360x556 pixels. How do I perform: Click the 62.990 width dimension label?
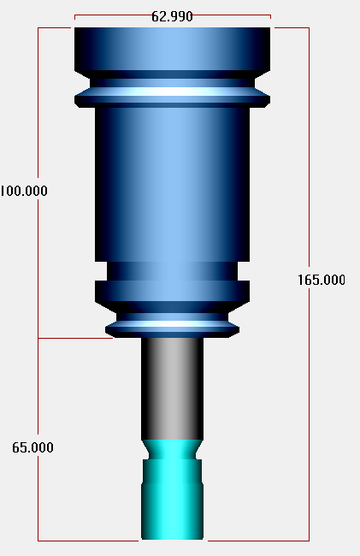click(x=172, y=16)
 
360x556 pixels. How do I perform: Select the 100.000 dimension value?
click(x=23, y=191)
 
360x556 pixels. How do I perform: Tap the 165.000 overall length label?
click(x=321, y=280)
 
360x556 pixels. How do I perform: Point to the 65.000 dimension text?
click(x=32, y=447)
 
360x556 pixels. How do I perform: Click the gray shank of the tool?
click(x=172, y=388)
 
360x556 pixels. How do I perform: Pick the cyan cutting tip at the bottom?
click(x=172, y=489)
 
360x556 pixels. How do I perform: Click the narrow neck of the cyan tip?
click(x=172, y=451)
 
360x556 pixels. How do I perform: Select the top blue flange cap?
click(x=172, y=49)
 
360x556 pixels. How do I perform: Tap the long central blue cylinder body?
click(x=172, y=185)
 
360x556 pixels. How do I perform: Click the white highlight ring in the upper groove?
click(x=172, y=92)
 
